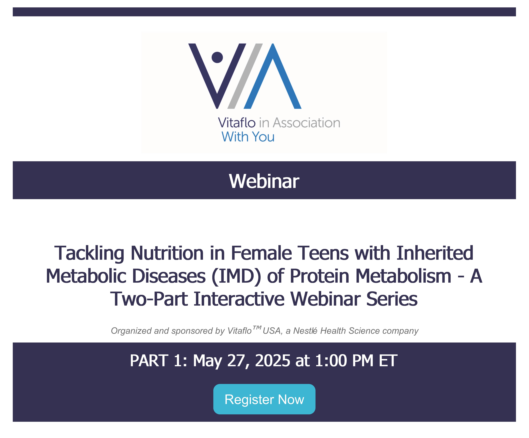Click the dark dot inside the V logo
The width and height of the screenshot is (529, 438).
(x=217, y=57)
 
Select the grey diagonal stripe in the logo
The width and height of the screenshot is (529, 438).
(x=245, y=76)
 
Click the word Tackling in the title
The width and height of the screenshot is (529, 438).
(x=89, y=253)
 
